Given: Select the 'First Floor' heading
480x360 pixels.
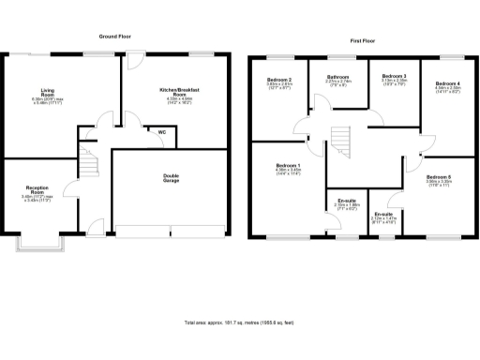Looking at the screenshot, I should pyautogui.click(x=363, y=41).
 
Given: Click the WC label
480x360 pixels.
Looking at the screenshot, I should pyautogui.click(x=161, y=132).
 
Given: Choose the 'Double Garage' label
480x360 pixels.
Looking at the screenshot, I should pyautogui.click(x=172, y=178).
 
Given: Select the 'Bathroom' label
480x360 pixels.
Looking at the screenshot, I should pyautogui.click(x=337, y=77).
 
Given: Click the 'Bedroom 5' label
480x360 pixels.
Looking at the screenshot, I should pyautogui.click(x=439, y=178).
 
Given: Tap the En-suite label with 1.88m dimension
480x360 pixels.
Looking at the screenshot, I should pyautogui.click(x=346, y=202).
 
